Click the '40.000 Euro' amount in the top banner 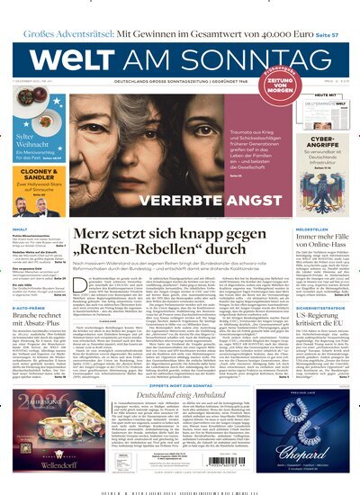coord(275,11)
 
